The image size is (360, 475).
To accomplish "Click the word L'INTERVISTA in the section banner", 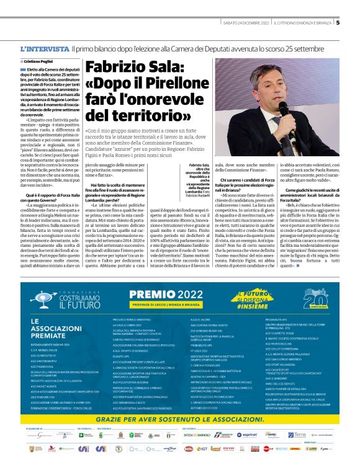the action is (x=45, y=48).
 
